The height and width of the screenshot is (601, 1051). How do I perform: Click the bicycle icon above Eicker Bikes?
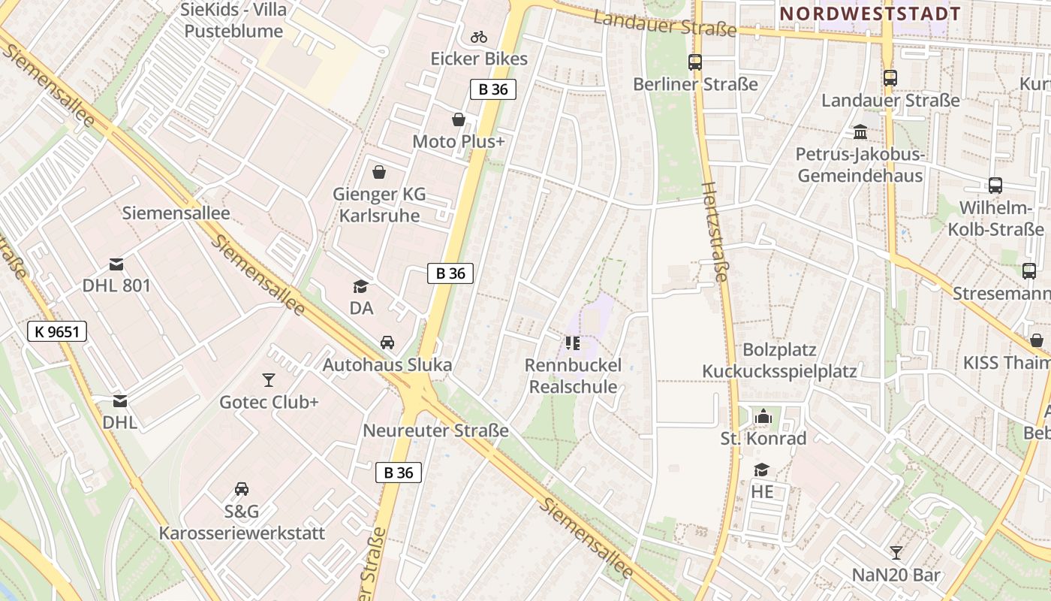[479, 36]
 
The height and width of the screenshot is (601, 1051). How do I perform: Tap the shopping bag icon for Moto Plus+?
[458, 119]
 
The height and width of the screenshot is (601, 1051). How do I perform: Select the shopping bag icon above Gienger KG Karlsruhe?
[379, 172]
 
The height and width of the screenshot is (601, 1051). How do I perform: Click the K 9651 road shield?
[57, 331]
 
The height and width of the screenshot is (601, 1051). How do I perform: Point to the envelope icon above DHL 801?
[116, 264]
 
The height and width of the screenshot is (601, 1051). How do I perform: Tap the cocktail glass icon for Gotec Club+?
[269, 380]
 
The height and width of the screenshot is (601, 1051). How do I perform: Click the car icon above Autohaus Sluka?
[387, 343]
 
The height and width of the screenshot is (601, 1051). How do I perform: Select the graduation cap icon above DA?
[361, 286]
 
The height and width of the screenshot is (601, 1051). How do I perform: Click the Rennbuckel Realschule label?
[574, 376]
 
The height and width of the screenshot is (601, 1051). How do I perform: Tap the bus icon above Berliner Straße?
[695, 62]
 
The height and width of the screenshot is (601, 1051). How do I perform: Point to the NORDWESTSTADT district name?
[871, 14]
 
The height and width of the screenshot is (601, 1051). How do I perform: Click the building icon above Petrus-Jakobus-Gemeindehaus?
[860, 133]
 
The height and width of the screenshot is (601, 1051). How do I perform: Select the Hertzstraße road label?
[715, 232]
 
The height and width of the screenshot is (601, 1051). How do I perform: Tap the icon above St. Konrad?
[763, 416]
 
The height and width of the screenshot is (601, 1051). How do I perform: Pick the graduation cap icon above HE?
[762, 470]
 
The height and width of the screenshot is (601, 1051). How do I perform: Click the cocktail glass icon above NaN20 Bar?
[896, 553]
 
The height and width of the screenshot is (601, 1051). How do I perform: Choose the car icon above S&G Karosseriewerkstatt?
[242, 489]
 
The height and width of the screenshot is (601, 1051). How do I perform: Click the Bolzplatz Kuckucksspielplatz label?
[779, 361]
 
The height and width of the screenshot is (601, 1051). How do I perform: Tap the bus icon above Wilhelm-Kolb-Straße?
[995, 186]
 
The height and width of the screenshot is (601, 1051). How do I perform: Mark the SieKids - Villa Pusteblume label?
[233, 21]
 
